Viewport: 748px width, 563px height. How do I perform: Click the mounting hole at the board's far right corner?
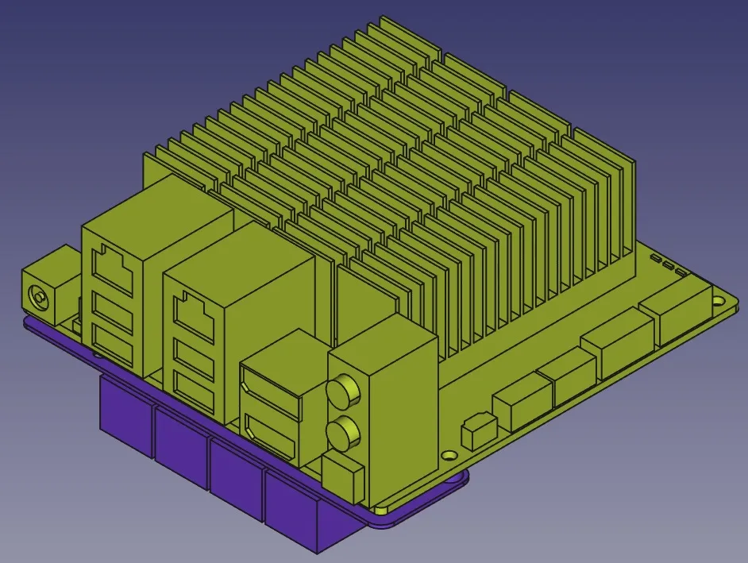719,301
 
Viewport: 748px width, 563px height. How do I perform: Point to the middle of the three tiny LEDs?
669,265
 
